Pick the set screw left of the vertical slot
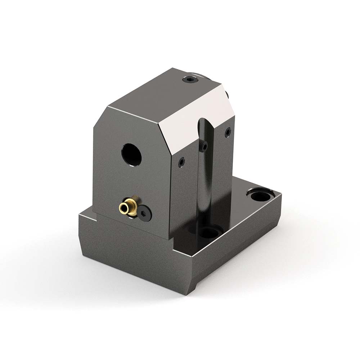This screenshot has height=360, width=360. [181, 162]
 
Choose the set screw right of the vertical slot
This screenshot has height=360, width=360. [228, 133]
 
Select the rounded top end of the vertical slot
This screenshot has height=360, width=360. [204, 122]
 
